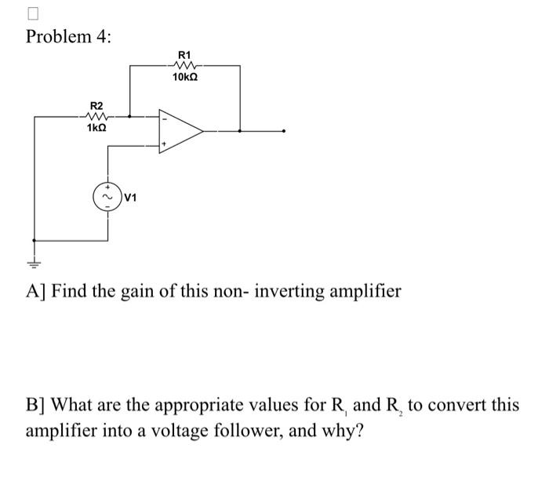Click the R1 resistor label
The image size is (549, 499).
[x=185, y=54]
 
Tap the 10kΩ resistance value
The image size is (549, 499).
[x=185, y=78]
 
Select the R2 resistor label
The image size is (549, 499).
[x=96, y=105]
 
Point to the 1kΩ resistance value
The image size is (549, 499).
[x=96, y=128]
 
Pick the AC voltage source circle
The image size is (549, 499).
[x=107, y=197]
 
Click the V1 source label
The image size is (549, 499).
[x=130, y=198]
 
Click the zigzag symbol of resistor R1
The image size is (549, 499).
[x=185, y=66]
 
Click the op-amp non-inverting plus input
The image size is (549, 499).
[x=164, y=144]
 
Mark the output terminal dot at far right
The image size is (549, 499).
[x=285, y=131]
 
